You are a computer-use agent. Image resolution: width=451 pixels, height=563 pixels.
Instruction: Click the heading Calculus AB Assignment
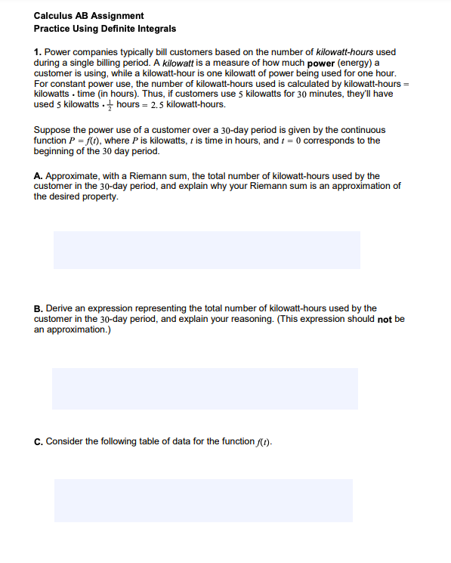(88, 16)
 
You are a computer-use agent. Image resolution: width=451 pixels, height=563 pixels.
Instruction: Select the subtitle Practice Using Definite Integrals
(105, 29)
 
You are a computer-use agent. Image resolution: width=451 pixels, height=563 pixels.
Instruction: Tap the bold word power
(321, 63)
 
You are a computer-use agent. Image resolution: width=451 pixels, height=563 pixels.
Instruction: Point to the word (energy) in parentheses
(357, 63)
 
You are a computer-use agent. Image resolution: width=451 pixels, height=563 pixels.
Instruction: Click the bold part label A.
(38, 176)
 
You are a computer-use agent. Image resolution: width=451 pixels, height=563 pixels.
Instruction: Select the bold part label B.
(38, 308)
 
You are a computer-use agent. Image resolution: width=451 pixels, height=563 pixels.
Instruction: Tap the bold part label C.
(38, 441)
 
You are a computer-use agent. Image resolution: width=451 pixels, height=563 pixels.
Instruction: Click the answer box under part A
(206, 249)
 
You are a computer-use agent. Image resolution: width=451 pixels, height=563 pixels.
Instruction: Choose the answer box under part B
(205, 388)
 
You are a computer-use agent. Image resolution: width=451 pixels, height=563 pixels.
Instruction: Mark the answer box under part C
(203, 500)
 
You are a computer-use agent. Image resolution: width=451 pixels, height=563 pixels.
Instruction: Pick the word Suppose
(52, 130)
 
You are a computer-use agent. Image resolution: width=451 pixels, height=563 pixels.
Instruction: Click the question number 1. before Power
(38, 52)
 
